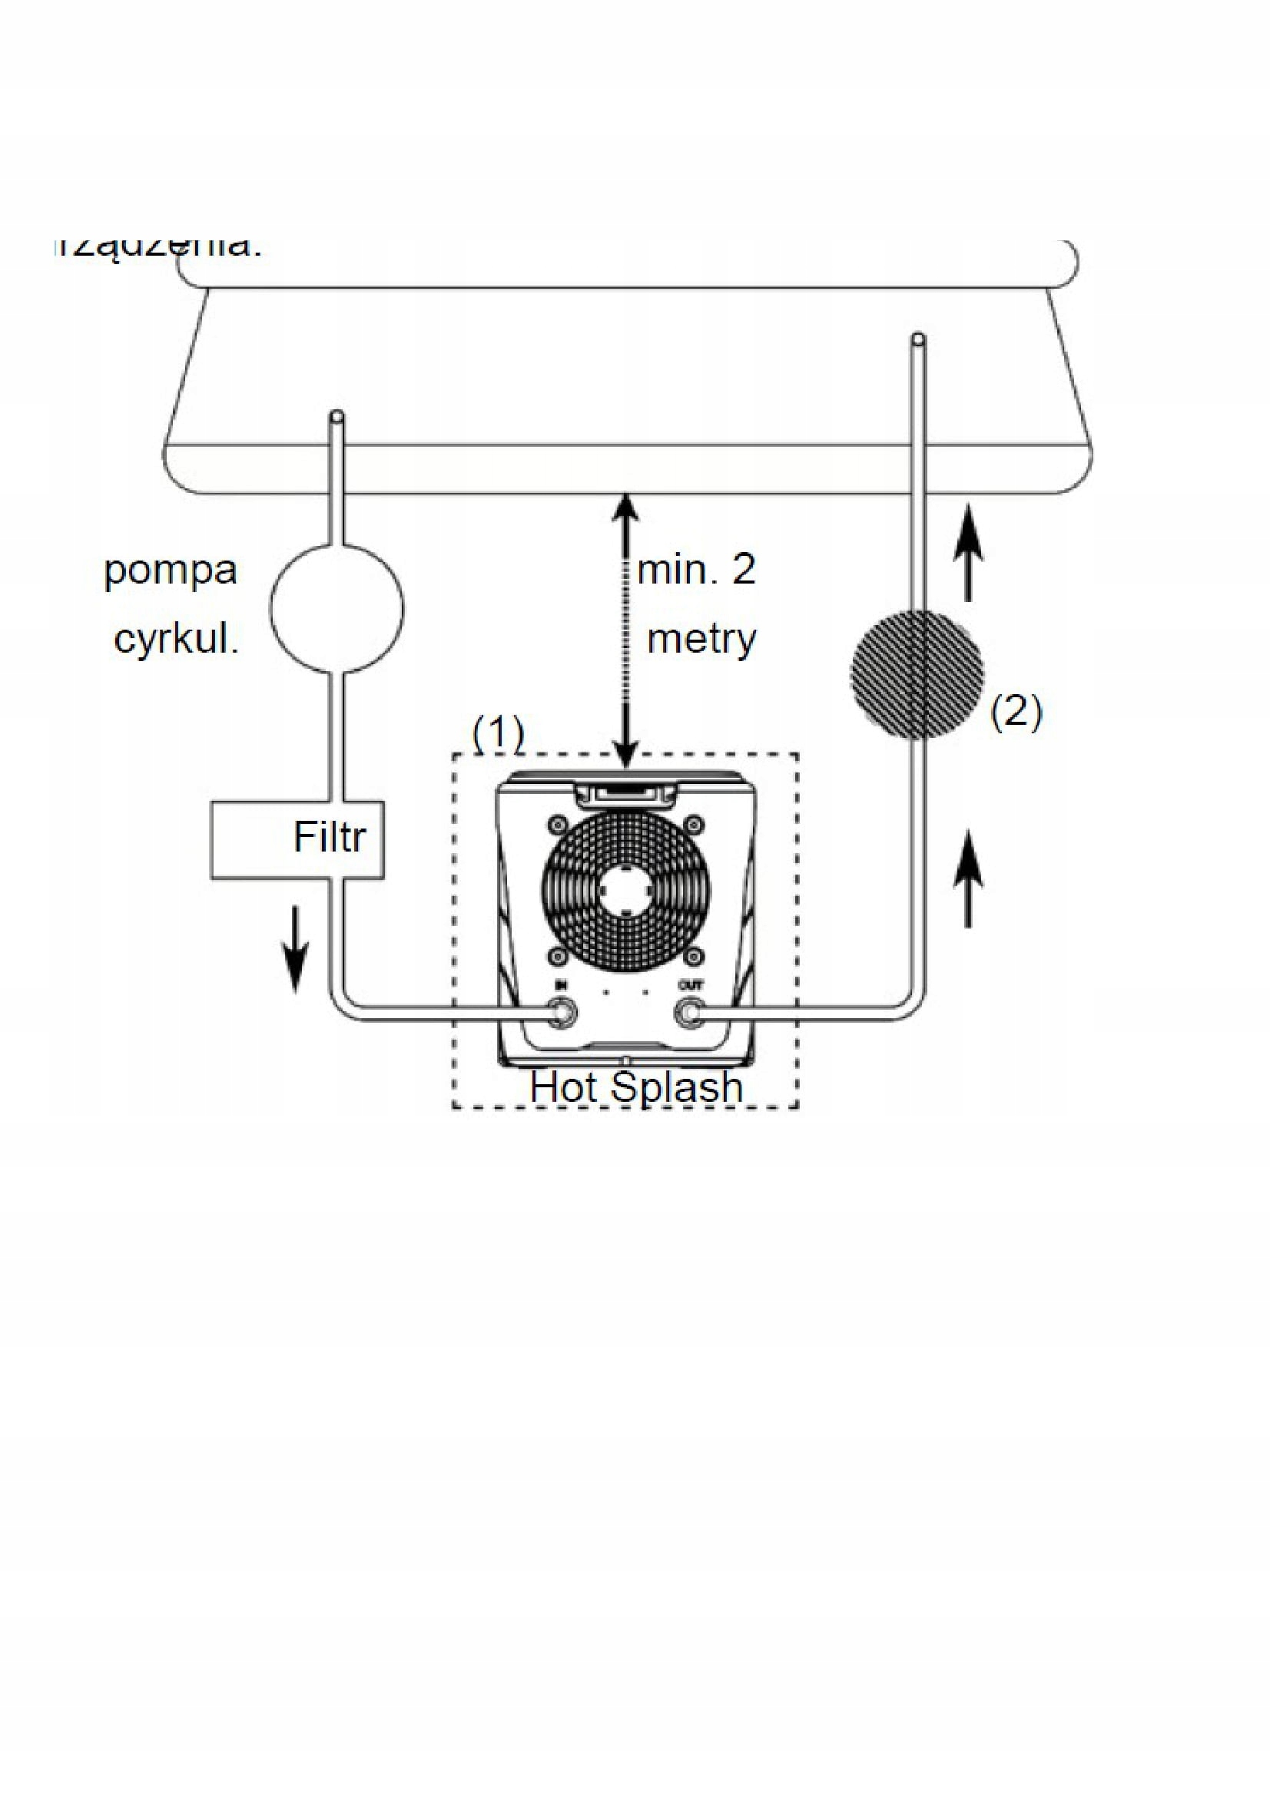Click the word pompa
[x=170, y=572]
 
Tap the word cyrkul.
[x=176, y=640]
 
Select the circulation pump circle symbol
[x=337, y=608]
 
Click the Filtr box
[x=297, y=839]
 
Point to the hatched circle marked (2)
[x=917, y=674]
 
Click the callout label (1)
[x=499, y=733]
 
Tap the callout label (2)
[x=1016, y=712]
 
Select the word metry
[x=702, y=639]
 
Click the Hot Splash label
[x=635, y=1087]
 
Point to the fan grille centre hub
[x=626, y=889]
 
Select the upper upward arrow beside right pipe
[x=968, y=552]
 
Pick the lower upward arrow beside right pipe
[x=968, y=878]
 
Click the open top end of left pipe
[x=337, y=416]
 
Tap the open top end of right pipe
[x=918, y=339]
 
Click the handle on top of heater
[x=625, y=795]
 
